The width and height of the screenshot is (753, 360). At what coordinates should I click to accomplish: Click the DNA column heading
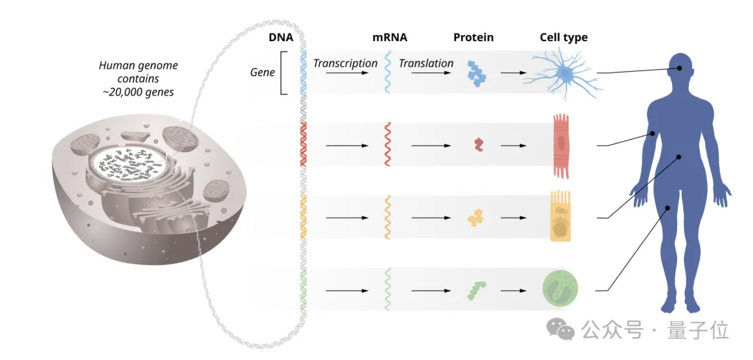tap(280, 38)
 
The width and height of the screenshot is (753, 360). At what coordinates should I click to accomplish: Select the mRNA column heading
tap(389, 38)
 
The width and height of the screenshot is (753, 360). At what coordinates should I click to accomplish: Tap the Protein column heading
tap(473, 38)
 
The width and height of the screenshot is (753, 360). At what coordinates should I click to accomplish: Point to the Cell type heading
tap(563, 38)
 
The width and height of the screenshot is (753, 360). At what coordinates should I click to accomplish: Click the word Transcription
tap(345, 63)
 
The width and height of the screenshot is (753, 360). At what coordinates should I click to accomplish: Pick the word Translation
tap(426, 63)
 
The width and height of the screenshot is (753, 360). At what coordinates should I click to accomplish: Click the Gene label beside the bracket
tap(262, 73)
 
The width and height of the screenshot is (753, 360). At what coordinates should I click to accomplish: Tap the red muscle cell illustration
tap(562, 145)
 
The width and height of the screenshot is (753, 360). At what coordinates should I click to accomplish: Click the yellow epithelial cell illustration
tap(561, 218)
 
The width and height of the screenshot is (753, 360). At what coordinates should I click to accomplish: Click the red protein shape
tap(478, 145)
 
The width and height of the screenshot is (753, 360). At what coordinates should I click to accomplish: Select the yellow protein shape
tap(477, 218)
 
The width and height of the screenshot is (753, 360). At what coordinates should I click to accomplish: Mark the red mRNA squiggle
tap(388, 144)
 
